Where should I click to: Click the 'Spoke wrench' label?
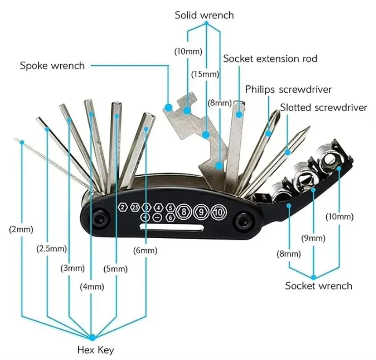coord(52,65)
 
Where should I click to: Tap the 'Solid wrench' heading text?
coord(204,15)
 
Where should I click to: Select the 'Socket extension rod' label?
coord(270,59)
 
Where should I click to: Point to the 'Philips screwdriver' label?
coord(288,89)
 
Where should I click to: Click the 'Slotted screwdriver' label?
coord(324,107)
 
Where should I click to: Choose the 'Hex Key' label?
coord(95,350)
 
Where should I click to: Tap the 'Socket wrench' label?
coord(319,286)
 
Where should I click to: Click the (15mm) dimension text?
coord(205,74)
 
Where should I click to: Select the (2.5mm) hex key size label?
coord(51,249)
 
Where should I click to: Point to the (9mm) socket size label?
coord(314,238)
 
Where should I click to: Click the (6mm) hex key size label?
coord(145,251)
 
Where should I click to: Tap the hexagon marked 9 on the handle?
coord(201,212)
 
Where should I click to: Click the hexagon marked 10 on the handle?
coord(219,212)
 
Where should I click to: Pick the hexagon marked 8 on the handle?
coord(184,211)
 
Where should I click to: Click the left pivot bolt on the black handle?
coord(99,218)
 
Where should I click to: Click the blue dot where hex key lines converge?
coord(92,338)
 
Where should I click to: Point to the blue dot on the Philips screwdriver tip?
coord(268,134)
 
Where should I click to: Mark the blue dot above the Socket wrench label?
coord(314,277)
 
